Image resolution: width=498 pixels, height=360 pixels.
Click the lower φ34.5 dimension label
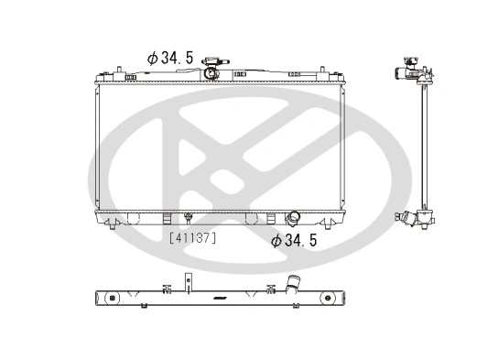coord(294,241)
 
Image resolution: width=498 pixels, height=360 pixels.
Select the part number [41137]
coord(192,236)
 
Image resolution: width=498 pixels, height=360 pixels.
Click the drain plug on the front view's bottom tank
coord(187,218)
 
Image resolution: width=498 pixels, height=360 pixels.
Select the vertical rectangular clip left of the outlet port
coord(271,218)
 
